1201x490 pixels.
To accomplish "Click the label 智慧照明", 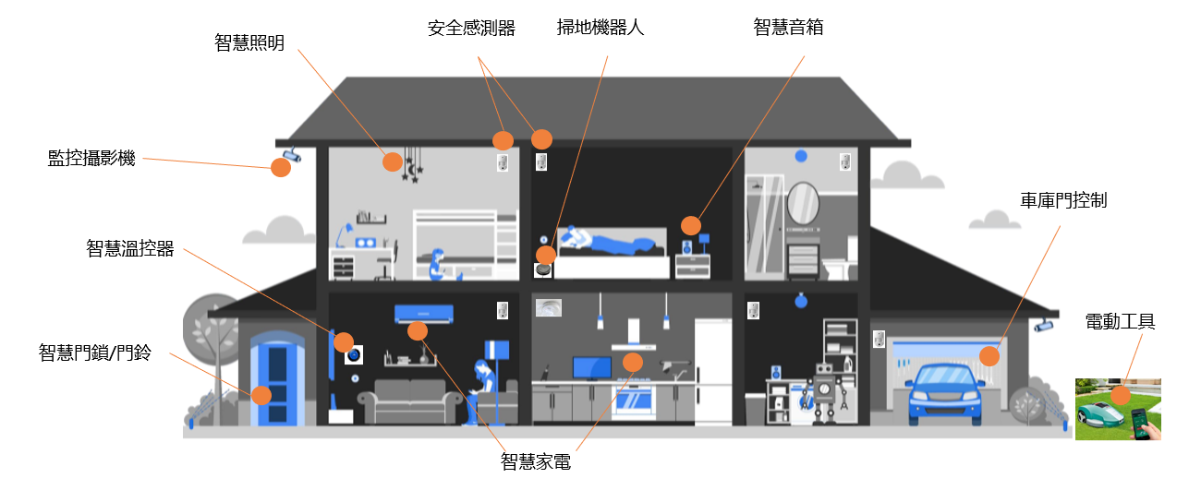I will (249, 43).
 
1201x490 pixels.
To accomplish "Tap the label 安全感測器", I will (471, 29).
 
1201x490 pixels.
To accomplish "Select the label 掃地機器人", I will (600, 28).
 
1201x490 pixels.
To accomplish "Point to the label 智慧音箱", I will (788, 28).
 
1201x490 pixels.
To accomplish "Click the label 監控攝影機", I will (91, 158).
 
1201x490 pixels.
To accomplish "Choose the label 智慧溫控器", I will (130, 248).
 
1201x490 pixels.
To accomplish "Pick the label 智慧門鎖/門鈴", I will (95, 352).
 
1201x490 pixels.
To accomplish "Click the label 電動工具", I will (1120, 322).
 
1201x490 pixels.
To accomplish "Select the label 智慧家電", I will (536, 461).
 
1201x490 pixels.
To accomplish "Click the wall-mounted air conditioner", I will (424, 314).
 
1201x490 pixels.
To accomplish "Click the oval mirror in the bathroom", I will (802, 204).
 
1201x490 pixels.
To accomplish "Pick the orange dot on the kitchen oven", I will (633, 362).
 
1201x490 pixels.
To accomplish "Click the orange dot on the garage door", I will (989, 356).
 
